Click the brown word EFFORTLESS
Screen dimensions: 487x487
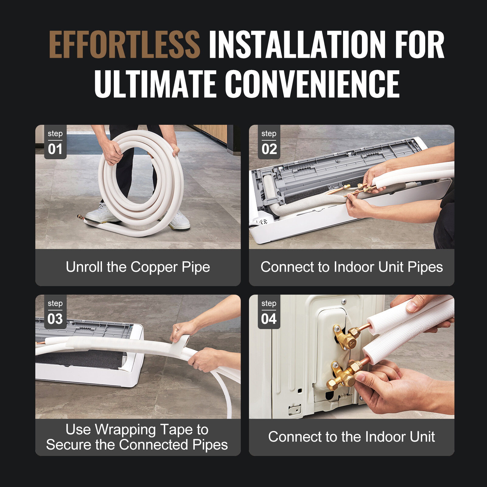point(124,45)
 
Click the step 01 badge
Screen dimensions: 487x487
point(55,142)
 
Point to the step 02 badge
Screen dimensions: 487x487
point(269,142)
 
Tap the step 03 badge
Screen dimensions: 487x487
point(55,312)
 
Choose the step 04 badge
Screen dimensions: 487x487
point(269,312)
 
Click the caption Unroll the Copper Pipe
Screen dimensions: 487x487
point(138,267)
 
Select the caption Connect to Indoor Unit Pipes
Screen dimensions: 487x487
point(352,267)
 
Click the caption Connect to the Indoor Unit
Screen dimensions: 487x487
point(352,437)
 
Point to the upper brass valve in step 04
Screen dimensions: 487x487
point(347,336)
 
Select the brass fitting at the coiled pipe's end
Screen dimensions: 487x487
point(80,217)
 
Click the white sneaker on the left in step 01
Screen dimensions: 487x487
point(100,213)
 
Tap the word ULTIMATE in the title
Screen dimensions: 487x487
point(155,84)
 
